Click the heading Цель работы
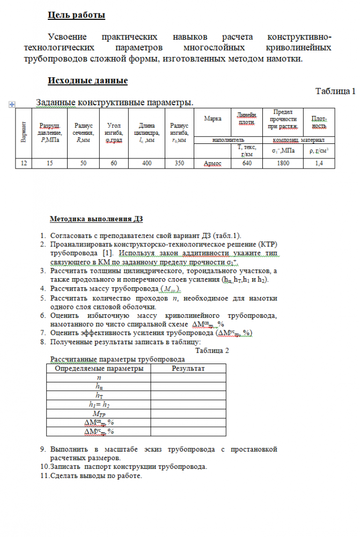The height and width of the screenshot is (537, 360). tap(76, 16)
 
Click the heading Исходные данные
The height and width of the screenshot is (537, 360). tap(87, 81)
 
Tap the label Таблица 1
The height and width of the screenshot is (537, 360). tap(335, 91)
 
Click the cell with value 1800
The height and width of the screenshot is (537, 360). tap(283, 163)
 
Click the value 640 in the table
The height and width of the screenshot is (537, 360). tap(247, 163)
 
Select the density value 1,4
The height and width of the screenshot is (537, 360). tap(319, 163)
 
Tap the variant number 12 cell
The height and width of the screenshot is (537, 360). tap(23, 163)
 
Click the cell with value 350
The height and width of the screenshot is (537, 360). tap(179, 163)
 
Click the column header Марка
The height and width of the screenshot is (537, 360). tap(213, 119)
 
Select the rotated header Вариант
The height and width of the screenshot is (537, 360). tap(23, 133)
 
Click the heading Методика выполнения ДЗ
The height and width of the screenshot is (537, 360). tap(96, 219)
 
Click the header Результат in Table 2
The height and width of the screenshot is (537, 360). tap(188, 368)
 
